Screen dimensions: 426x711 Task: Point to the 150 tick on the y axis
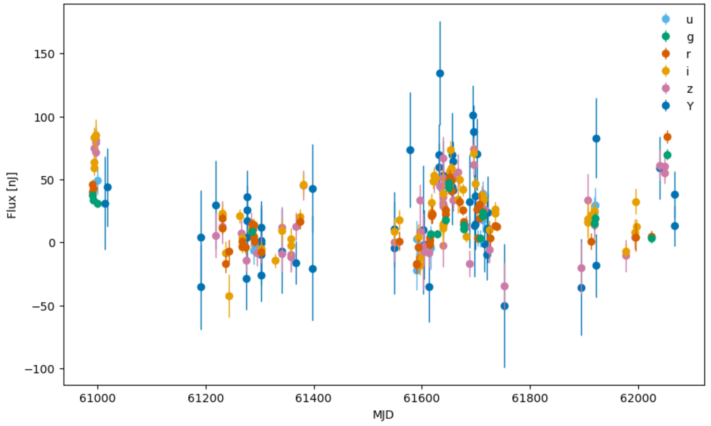tap(44, 54)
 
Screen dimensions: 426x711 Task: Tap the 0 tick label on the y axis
tap(52, 243)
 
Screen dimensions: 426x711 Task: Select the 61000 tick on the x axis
tap(97, 398)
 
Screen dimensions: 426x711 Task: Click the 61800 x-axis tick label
tap(530, 398)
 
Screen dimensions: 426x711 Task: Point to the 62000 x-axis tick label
tap(638, 398)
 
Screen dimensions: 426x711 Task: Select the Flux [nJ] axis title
tap(12, 195)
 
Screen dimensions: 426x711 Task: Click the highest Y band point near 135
tap(440, 74)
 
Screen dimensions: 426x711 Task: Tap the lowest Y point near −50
tap(504, 306)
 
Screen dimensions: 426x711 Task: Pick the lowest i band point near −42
tap(229, 296)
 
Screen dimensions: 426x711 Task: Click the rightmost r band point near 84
tap(667, 137)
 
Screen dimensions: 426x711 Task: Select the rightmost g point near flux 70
tap(667, 155)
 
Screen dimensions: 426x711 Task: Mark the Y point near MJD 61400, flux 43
tap(313, 189)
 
